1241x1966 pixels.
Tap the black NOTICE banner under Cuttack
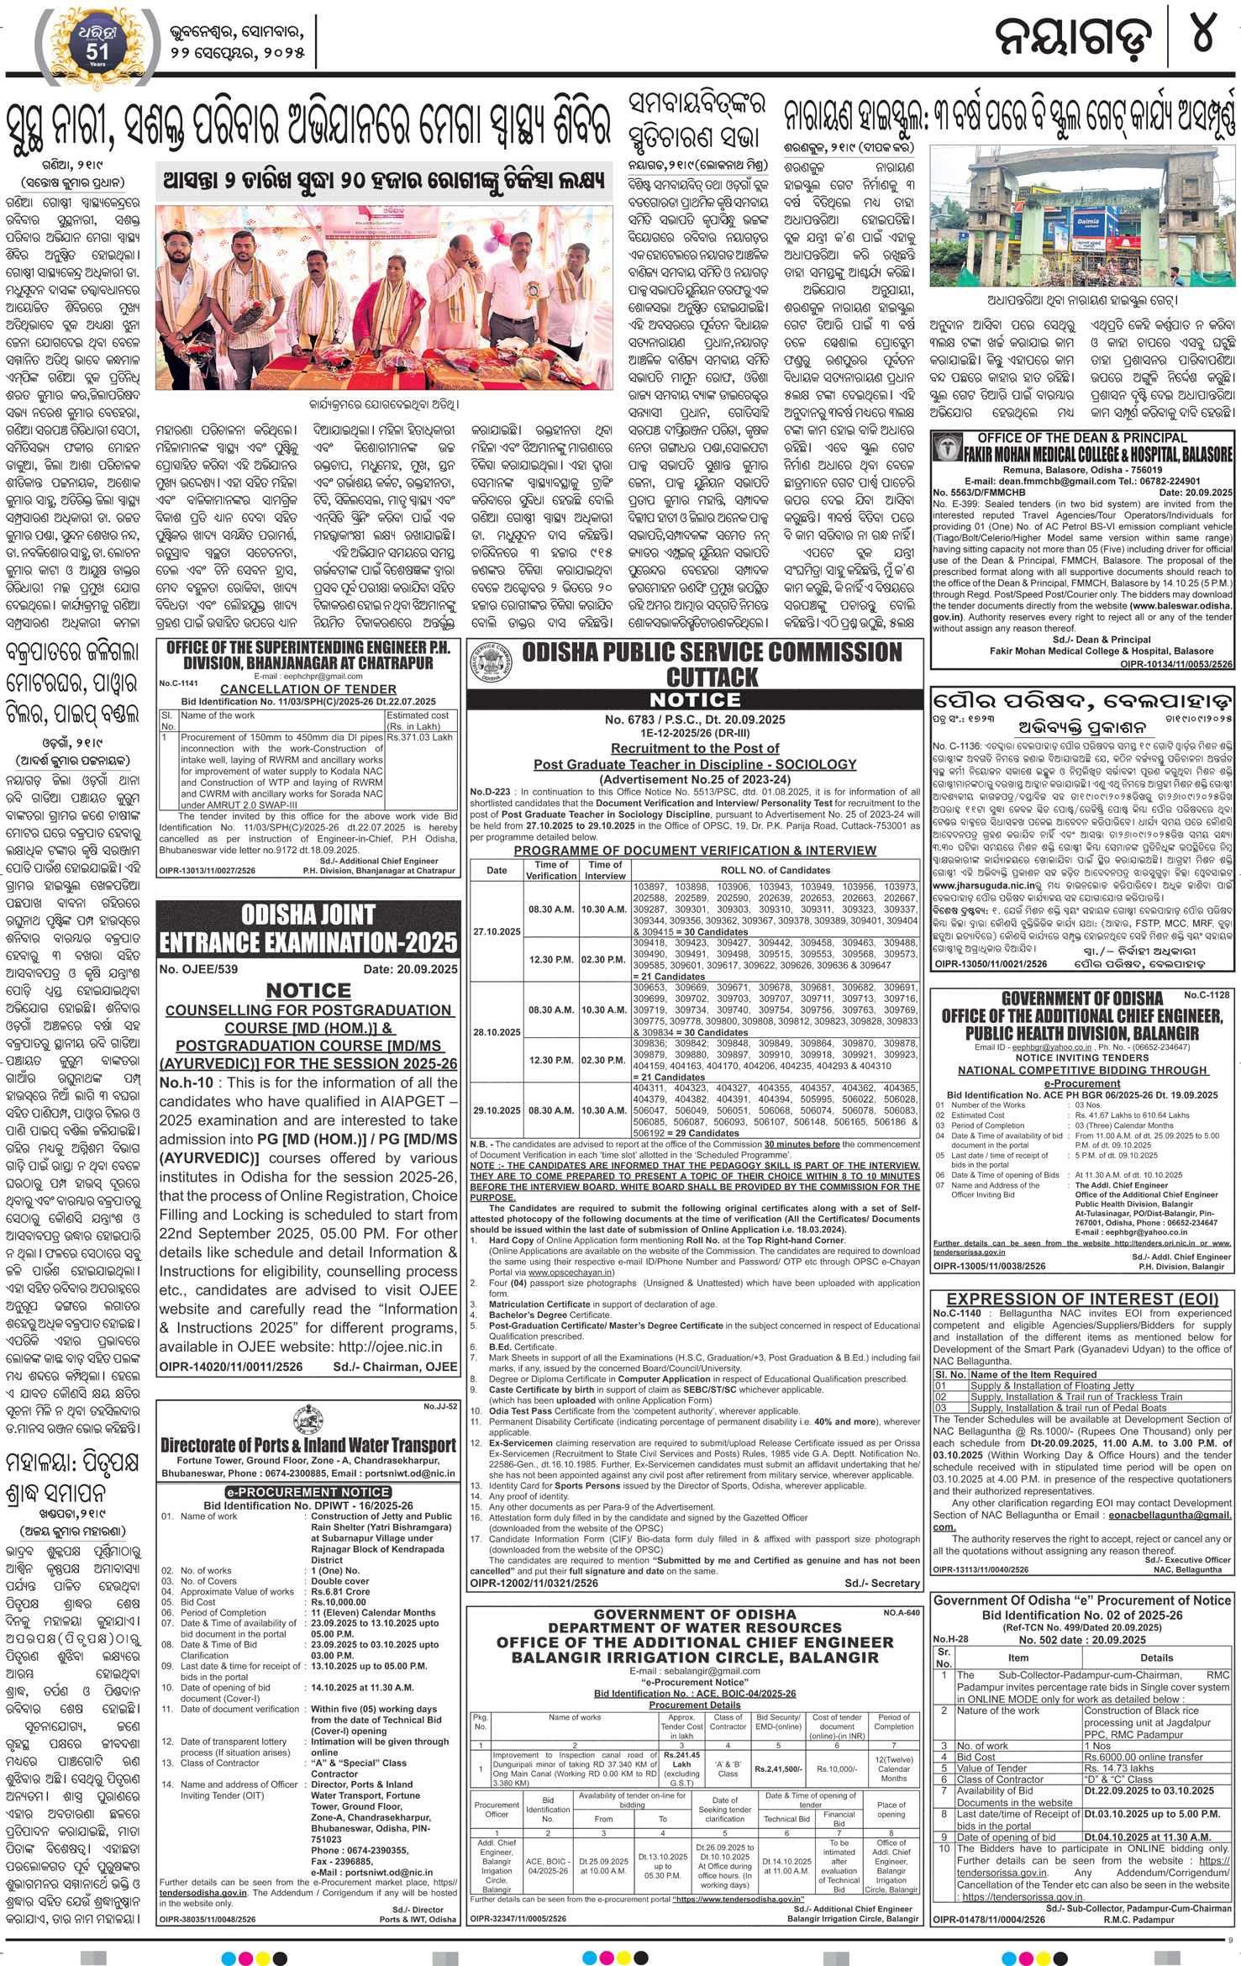(x=695, y=700)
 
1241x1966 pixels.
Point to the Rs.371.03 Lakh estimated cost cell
(x=419, y=737)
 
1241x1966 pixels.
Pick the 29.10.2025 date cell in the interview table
(x=497, y=1110)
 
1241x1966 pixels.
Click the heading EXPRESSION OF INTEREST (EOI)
(x=1081, y=1299)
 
